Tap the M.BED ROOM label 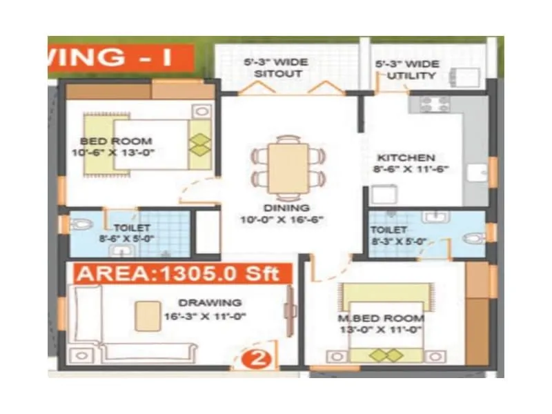pos(380,318)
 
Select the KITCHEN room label pos(406,157)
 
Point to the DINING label pos(286,208)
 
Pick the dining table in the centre pos(288,166)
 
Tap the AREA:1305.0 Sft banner pos(178,273)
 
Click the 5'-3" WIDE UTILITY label pos(406,69)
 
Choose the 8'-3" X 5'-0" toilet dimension pos(398,241)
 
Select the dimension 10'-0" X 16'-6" pos(286,220)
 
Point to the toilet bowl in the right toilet pos(473,237)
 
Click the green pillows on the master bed pos(386,355)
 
